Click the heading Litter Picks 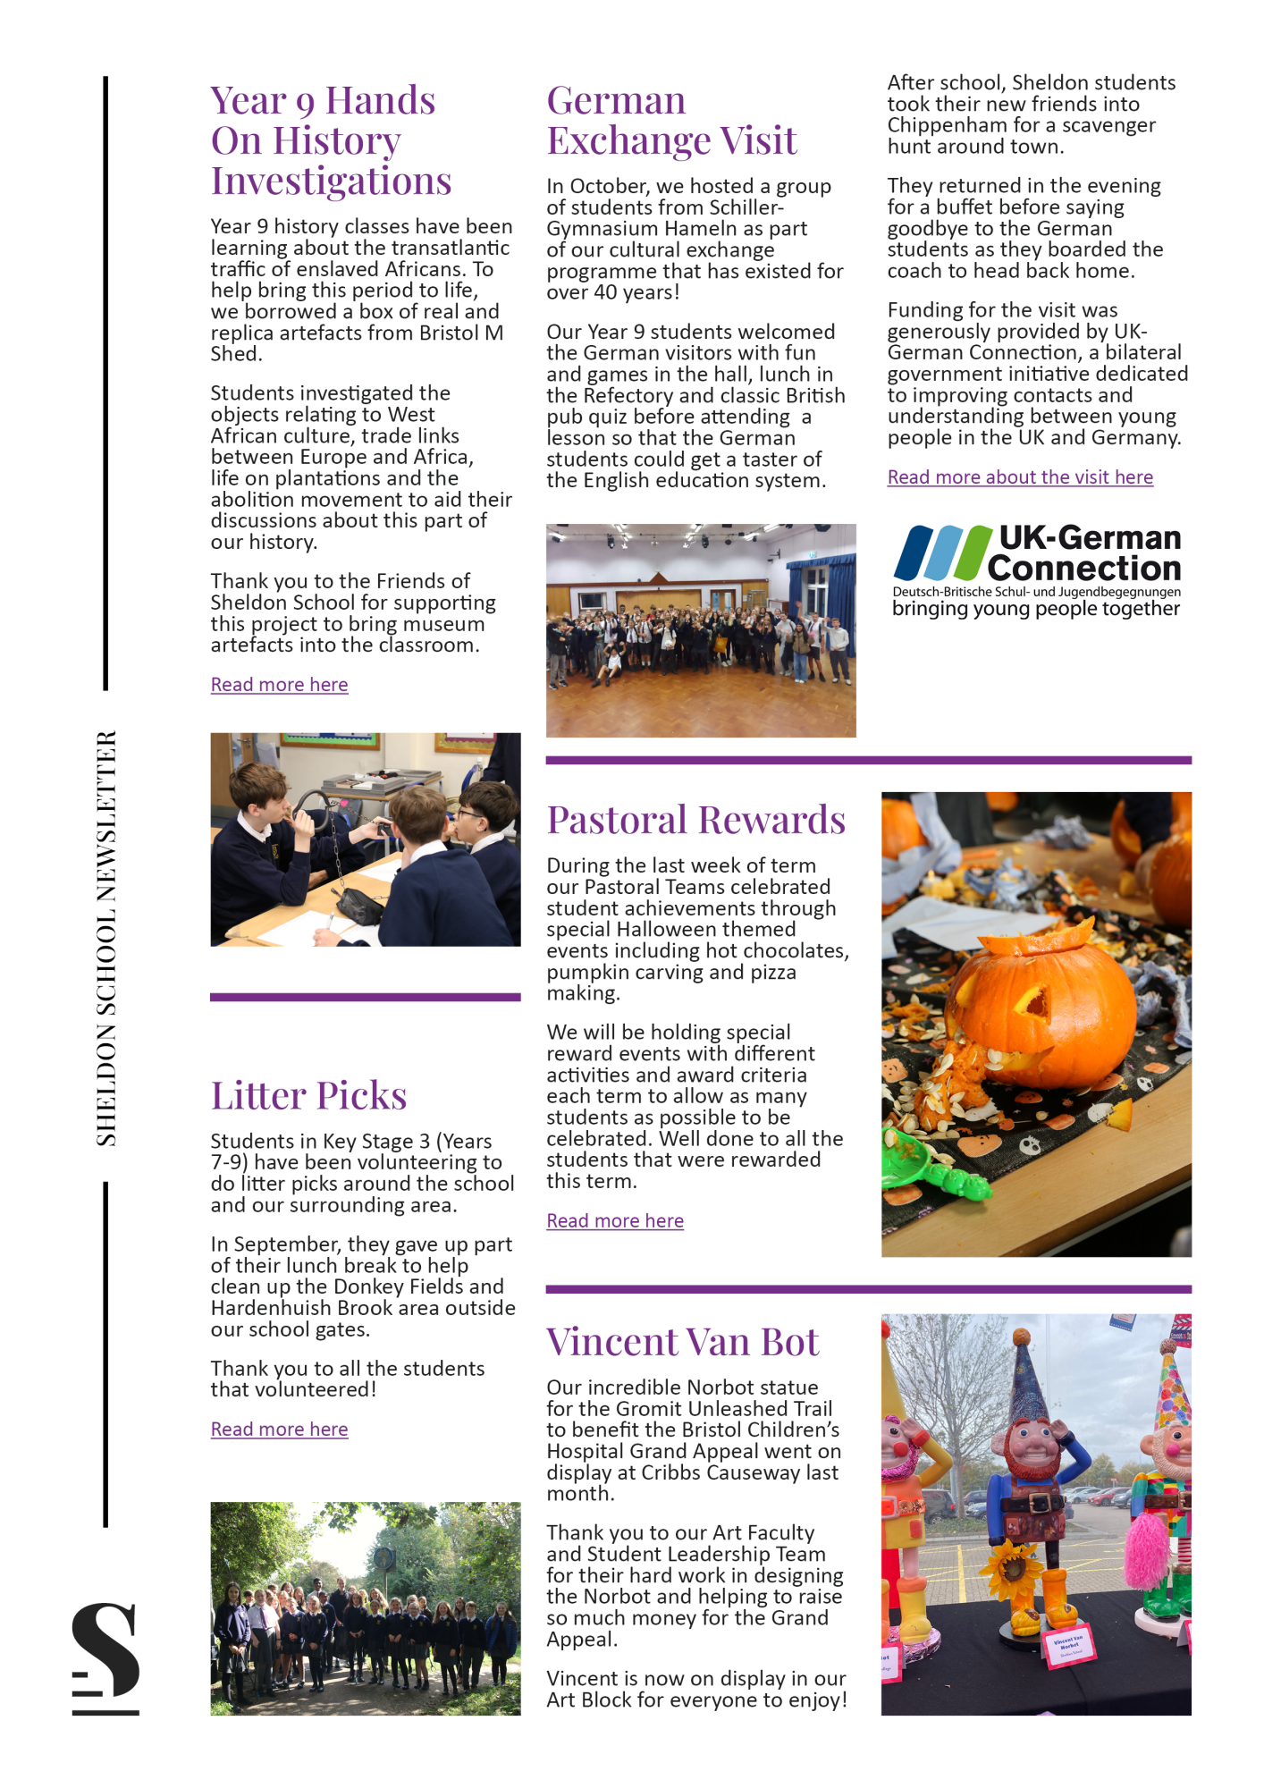point(308,1095)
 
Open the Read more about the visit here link point(1020,477)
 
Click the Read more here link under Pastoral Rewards point(615,1221)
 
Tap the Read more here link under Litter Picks point(279,1430)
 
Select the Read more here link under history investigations point(279,685)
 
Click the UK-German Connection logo point(1037,570)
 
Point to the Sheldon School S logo point(105,1658)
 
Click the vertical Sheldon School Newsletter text point(106,938)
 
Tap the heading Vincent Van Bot point(683,1342)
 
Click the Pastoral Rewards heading point(695,820)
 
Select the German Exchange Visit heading point(671,121)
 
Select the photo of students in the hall point(701,630)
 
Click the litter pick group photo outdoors point(365,1608)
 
